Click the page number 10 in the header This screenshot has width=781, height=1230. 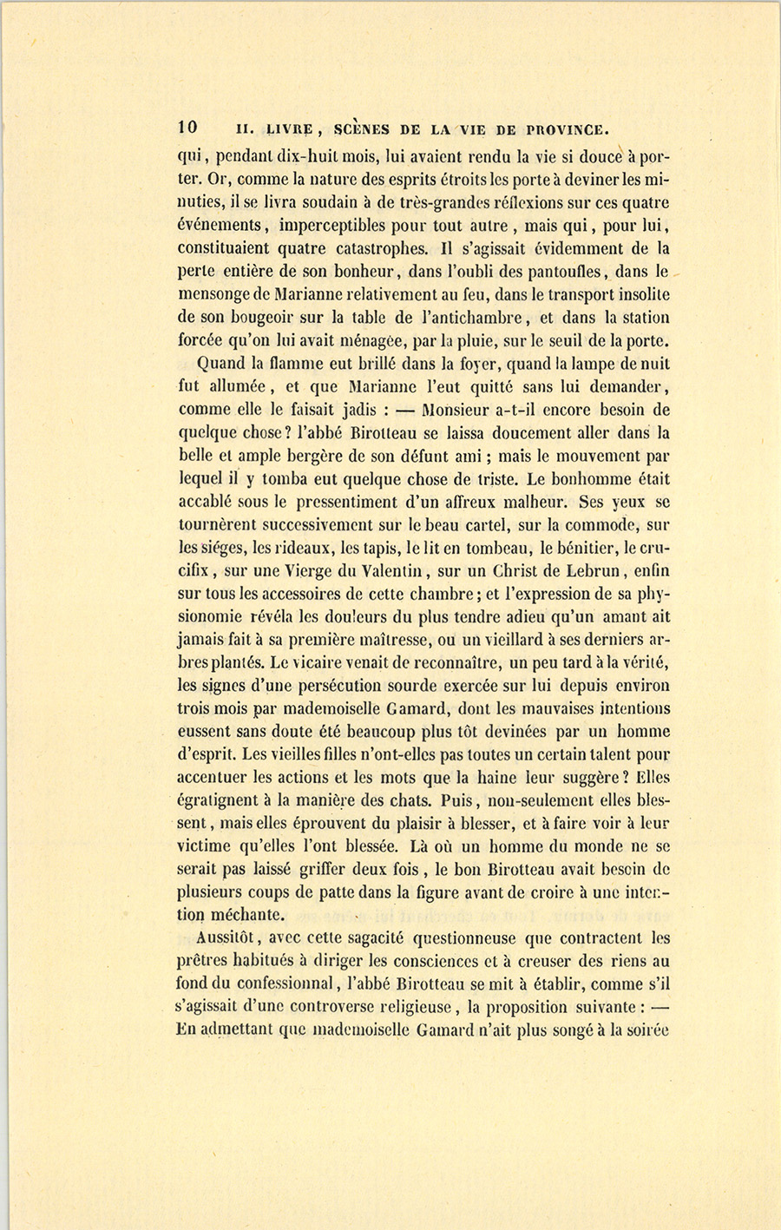[x=188, y=127]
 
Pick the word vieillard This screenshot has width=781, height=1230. [x=500, y=640]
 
